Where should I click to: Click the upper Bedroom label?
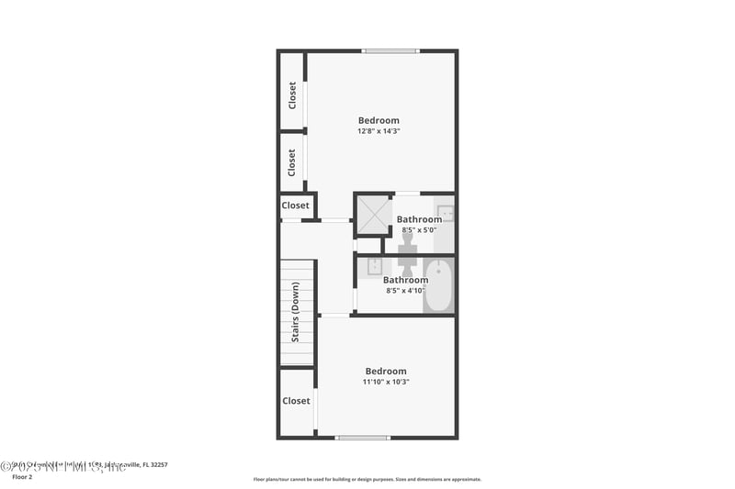coord(379,120)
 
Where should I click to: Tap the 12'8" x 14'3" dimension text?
coord(379,131)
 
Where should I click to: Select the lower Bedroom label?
coord(385,371)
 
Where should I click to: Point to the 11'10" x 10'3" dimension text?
coord(385,382)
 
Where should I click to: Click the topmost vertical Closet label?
coord(292,95)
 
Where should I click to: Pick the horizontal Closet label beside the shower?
coord(296,206)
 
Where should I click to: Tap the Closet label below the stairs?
coord(296,401)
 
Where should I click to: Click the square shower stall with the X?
coord(373,215)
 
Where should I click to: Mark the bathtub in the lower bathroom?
coord(438,286)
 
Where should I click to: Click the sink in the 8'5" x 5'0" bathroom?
coord(445,214)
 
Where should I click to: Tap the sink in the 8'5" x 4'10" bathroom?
coord(375,267)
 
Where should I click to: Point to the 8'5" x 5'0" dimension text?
coord(419,230)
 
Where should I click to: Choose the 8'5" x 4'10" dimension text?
coord(405,291)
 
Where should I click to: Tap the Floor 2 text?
coord(21,477)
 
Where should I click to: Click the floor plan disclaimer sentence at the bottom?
coord(367,479)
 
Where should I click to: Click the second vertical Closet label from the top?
coord(292,163)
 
